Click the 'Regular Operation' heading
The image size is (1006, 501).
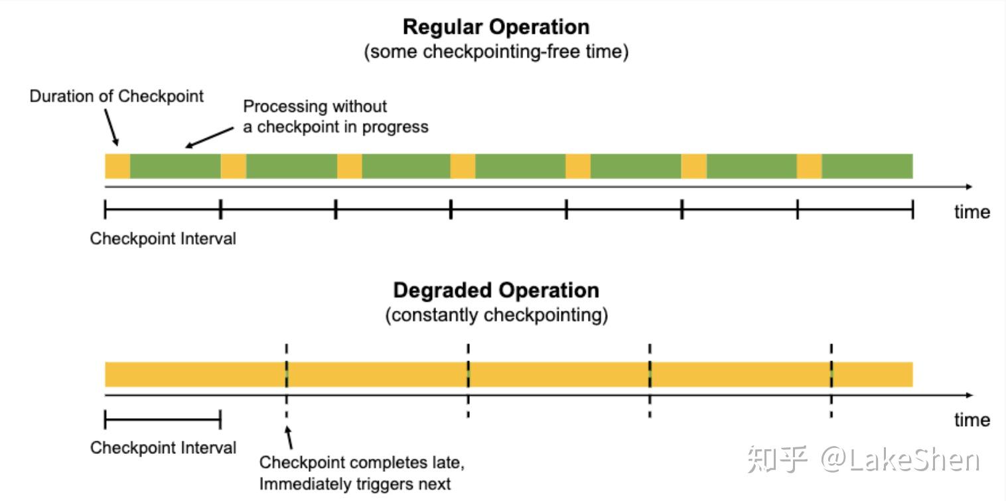tap(496, 27)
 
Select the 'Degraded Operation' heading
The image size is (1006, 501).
tap(496, 290)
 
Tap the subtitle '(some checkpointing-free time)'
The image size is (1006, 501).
tap(496, 52)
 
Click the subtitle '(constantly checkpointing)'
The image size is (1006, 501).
tap(496, 315)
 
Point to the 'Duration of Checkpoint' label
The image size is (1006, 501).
tap(116, 96)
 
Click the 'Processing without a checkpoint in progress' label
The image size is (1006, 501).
tap(336, 117)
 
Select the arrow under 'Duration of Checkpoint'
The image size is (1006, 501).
tap(112, 127)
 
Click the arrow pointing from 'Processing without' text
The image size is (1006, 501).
tap(209, 137)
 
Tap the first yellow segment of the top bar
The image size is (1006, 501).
tap(117, 166)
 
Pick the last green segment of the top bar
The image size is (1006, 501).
tap(867, 166)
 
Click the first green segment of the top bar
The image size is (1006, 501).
tap(175, 166)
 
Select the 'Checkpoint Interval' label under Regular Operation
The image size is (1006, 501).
tap(163, 239)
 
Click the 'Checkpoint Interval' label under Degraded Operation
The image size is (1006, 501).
tap(163, 447)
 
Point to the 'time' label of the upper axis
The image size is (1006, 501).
tap(972, 211)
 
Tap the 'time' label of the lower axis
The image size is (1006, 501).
tap(972, 420)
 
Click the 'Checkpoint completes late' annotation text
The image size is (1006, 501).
tap(362, 463)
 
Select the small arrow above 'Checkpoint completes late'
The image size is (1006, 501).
tap(289, 437)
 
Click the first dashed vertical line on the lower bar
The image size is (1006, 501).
tap(287, 381)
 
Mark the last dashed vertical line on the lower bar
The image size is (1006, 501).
tap(831, 381)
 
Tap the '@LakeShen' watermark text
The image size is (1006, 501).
tap(900, 460)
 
